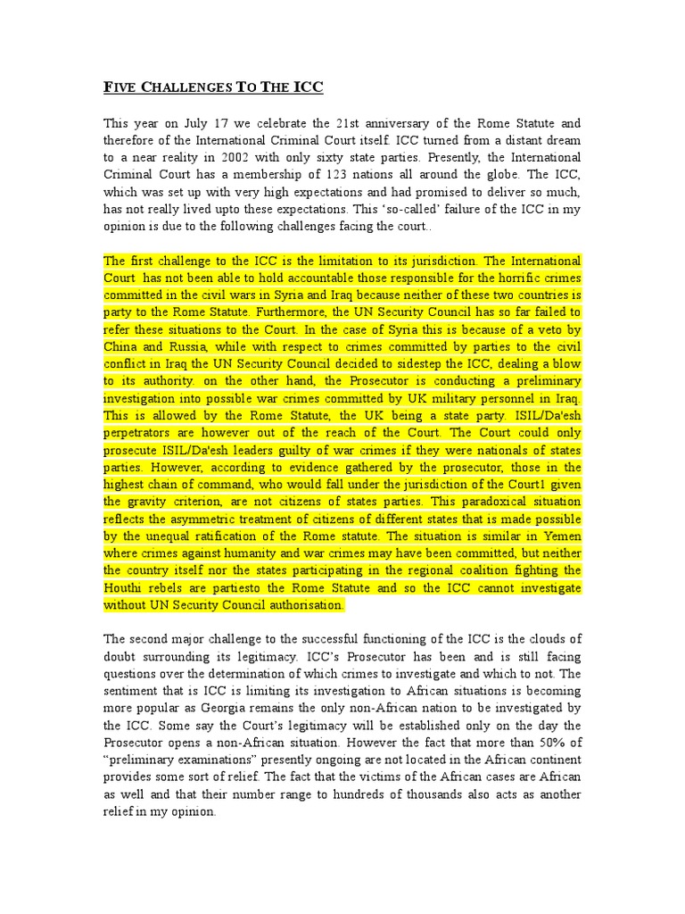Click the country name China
(x=122, y=346)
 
